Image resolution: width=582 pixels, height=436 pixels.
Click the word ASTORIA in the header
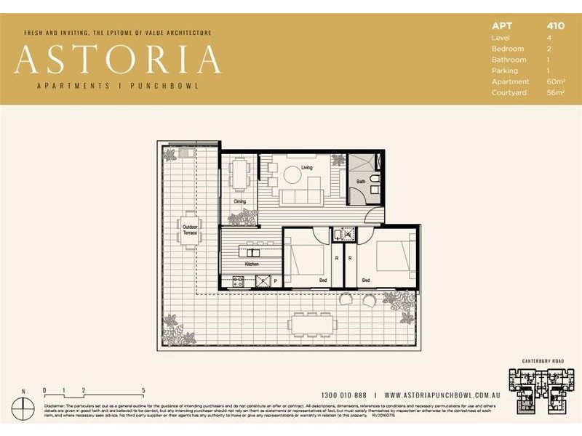click(117, 60)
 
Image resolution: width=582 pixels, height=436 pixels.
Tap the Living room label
click(307, 167)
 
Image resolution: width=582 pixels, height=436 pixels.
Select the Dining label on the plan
click(239, 201)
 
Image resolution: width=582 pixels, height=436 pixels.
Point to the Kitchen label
click(252, 264)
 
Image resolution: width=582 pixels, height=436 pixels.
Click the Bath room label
click(360, 182)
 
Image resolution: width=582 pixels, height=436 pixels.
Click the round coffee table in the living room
click(292, 175)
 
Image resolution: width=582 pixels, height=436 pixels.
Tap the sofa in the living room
click(302, 196)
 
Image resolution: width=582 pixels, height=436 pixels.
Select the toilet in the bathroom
click(374, 179)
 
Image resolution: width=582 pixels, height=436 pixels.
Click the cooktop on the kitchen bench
click(238, 280)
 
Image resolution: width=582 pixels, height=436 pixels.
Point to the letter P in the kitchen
click(275, 280)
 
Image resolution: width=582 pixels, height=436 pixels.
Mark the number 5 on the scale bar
click(143, 390)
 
